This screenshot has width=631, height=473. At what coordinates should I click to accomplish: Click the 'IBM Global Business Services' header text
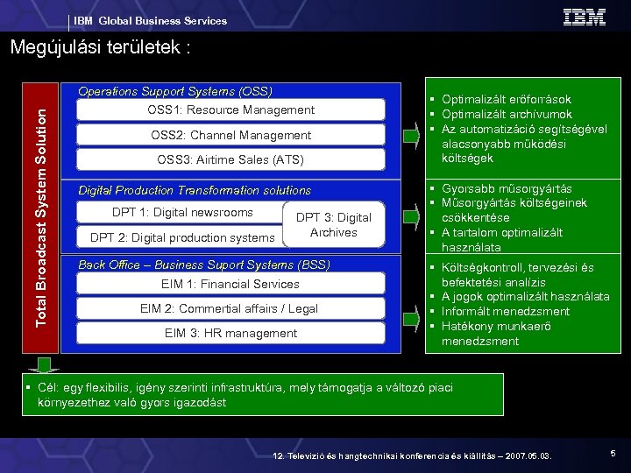(150, 20)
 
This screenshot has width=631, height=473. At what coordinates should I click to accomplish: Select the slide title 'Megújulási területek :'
(100, 49)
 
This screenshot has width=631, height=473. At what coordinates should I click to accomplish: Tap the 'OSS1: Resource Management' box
(231, 109)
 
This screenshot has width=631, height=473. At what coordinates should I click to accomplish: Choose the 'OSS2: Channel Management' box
(231, 135)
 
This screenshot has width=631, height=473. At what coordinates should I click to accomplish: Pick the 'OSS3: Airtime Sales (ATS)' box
(231, 159)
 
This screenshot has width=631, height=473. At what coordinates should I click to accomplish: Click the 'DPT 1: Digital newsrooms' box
(182, 213)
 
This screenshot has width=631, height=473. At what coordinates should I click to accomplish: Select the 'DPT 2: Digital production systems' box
(182, 237)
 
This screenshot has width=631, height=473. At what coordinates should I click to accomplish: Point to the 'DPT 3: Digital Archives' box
(333, 225)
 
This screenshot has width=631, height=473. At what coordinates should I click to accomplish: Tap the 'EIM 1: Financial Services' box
(231, 284)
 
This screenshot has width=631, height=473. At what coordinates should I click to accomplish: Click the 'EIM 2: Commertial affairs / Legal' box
(231, 308)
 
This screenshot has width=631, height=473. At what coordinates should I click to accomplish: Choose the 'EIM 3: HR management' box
(231, 333)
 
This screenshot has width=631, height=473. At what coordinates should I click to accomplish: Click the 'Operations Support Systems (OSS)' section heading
(175, 91)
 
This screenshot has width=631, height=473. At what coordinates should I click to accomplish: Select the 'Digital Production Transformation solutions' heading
(195, 190)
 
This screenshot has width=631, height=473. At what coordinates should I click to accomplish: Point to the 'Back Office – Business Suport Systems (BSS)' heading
(203, 265)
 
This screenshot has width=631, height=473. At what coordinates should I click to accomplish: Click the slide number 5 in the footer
(612, 452)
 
